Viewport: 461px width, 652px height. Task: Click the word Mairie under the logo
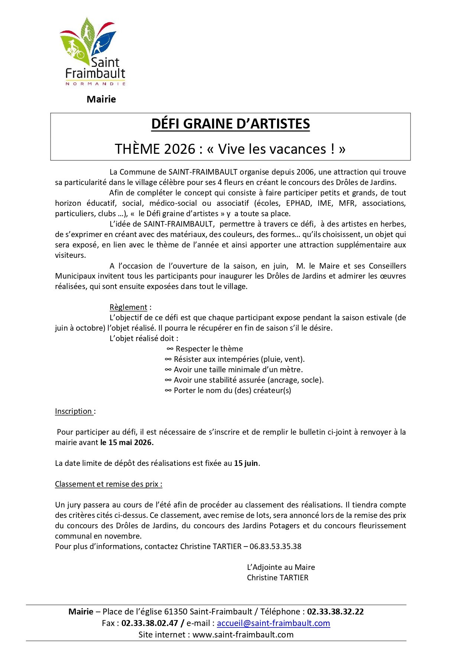pyautogui.click(x=101, y=99)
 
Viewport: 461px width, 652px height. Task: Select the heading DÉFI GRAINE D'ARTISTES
pyautogui.click(x=230, y=124)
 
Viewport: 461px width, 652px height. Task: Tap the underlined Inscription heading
pyautogui.click(x=74, y=411)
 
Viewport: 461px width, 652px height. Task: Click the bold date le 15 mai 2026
pyautogui.click(x=127, y=442)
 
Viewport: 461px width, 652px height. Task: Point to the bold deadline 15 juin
pyautogui.click(x=246, y=463)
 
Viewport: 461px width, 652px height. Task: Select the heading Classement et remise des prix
pyautogui.click(x=108, y=484)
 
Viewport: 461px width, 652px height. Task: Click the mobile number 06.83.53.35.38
pyautogui.click(x=275, y=546)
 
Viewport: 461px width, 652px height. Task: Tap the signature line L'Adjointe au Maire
pyautogui.click(x=281, y=567)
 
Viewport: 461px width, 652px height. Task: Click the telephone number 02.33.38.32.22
pyautogui.click(x=335, y=612)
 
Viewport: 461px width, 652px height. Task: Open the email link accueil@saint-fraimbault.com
pyautogui.click(x=273, y=623)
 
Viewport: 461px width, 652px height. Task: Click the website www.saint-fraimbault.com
pyautogui.click(x=243, y=635)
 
